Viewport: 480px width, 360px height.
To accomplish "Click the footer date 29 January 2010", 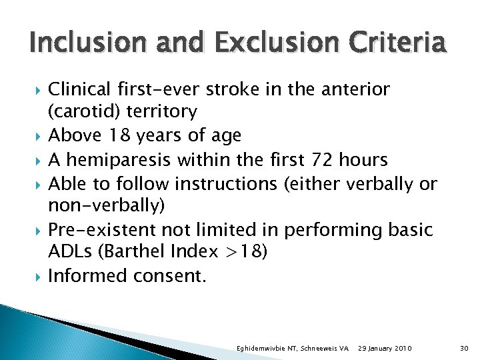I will point(385,349).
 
